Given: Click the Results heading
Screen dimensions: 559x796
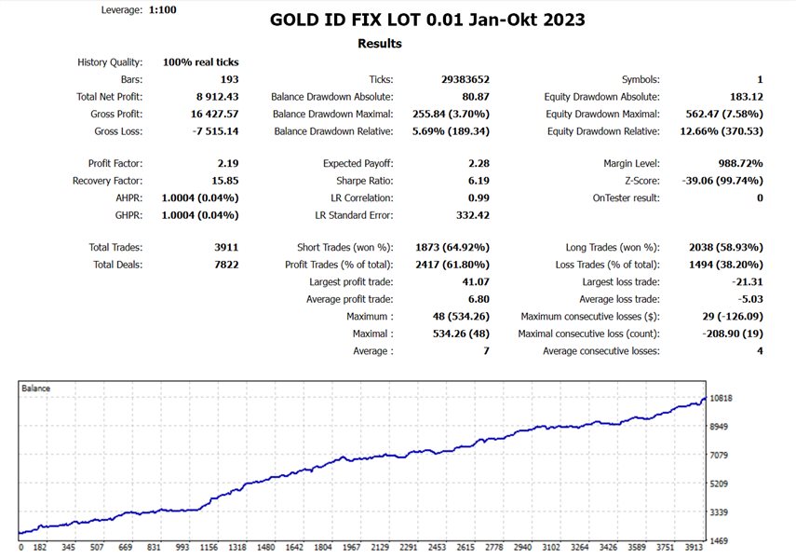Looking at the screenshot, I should [380, 44].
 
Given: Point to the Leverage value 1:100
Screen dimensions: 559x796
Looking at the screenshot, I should [162, 10].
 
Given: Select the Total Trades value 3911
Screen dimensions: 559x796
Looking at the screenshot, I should [224, 248].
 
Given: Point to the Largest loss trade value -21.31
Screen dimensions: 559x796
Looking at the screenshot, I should [744, 282].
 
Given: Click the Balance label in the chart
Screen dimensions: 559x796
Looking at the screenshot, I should [36, 387].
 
